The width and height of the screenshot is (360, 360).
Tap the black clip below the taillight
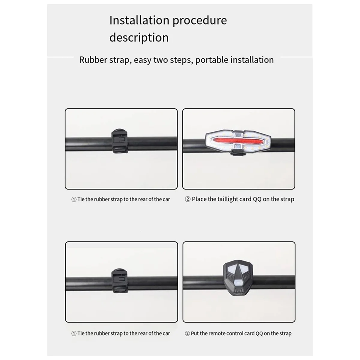click(238, 153)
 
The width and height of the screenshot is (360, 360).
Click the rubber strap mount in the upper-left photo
click(119, 141)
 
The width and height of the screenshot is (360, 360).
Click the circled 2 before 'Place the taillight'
click(187, 199)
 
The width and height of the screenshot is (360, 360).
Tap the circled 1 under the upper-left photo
click(74, 199)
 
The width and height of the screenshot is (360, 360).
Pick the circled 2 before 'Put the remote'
click(187, 334)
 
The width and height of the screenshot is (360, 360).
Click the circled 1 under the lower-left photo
click(74, 334)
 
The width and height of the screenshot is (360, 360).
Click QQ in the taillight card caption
click(257, 199)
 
